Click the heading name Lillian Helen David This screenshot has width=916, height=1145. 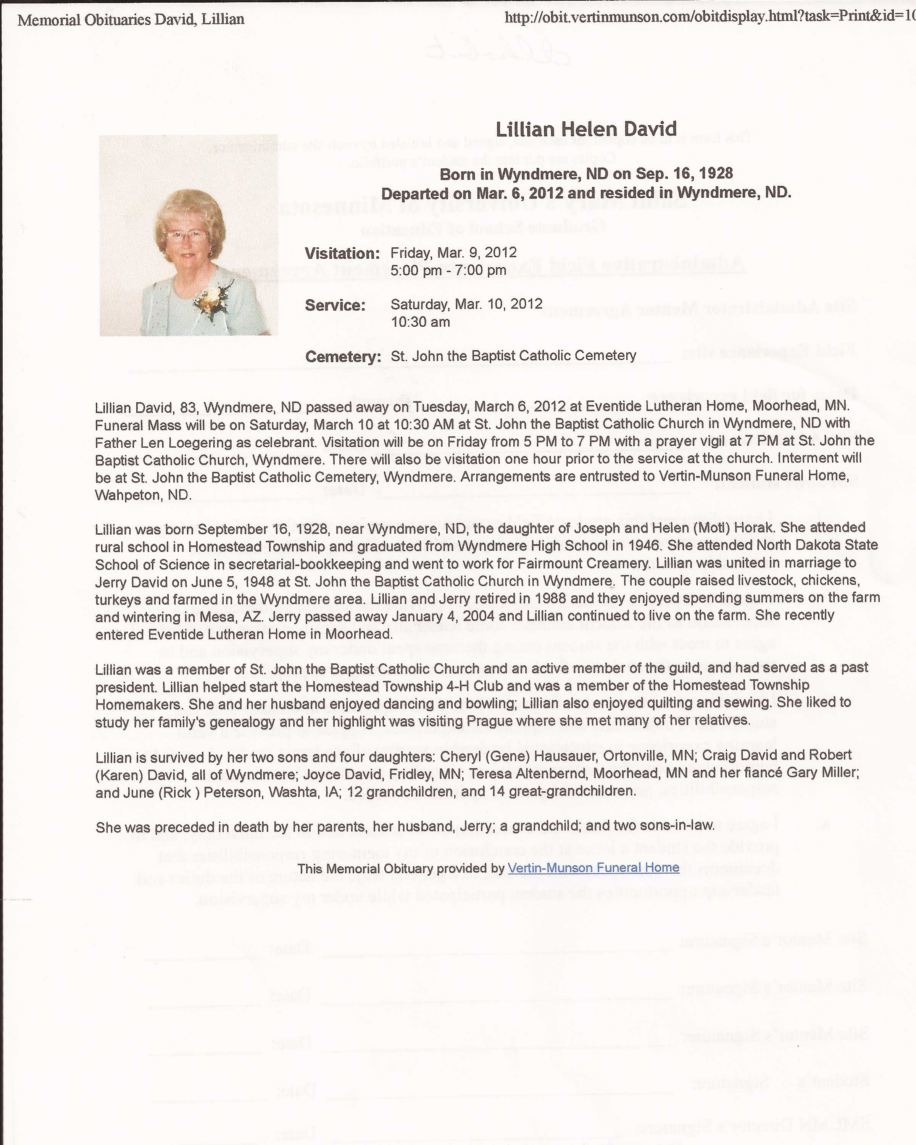(x=586, y=129)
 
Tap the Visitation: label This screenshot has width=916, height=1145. (x=342, y=253)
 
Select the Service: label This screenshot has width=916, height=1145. (x=335, y=305)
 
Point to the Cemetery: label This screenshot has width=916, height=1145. (x=343, y=356)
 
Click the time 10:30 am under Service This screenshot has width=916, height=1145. (x=420, y=322)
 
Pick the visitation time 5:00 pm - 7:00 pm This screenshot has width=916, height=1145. (x=448, y=270)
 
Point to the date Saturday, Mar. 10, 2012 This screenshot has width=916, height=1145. (x=466, y=304)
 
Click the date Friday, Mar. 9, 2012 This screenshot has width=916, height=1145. (x=453, y=252)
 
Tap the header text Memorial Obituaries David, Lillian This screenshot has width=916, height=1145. (x=131, y=19)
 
